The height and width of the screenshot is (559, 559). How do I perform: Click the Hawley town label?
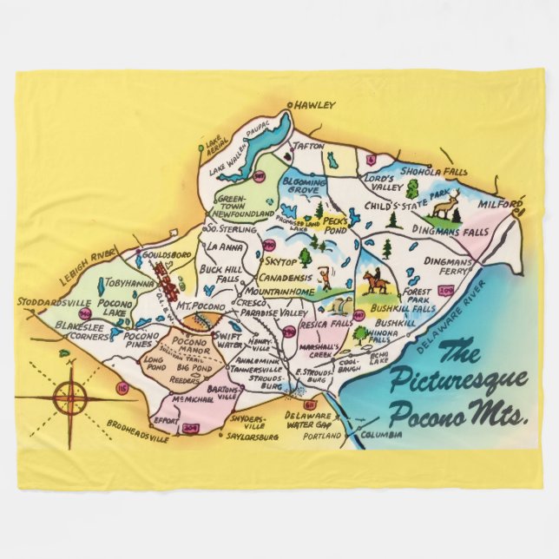(x=316, y=105)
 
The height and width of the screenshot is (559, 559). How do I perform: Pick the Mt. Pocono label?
(x=201, y=307)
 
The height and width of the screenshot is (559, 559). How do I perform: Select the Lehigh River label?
(x=92, y=254)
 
